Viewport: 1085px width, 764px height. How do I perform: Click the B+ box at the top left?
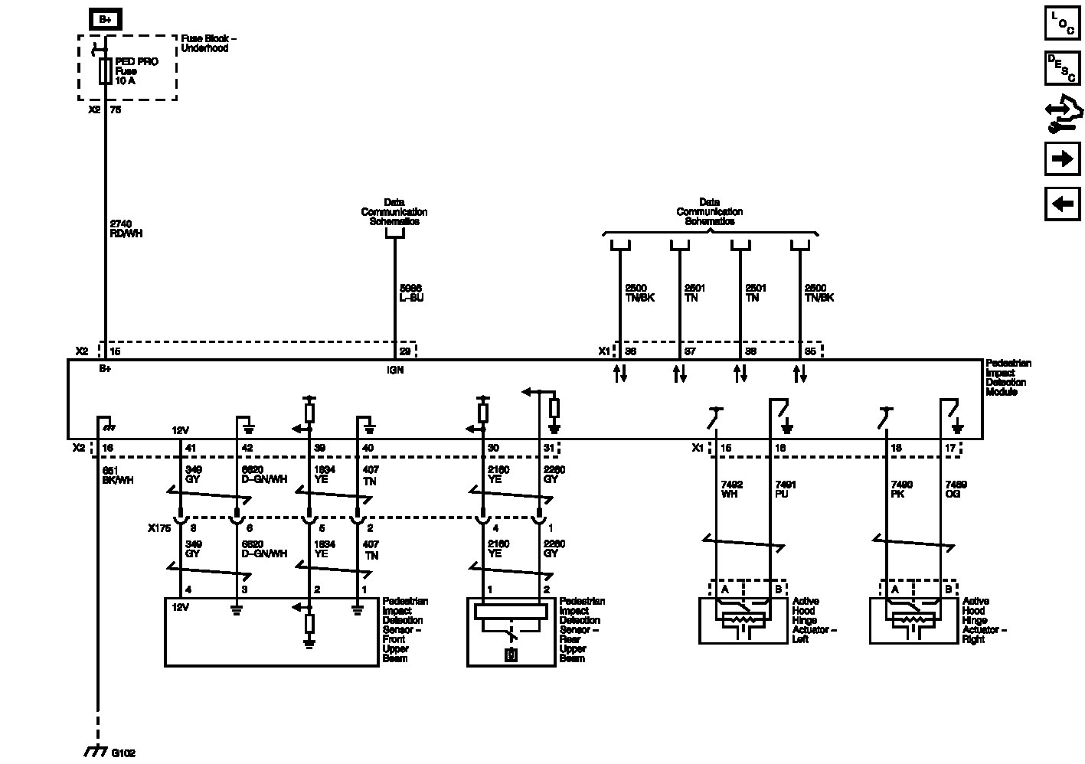[105, 20]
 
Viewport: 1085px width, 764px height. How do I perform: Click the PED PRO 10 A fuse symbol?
[105, 71]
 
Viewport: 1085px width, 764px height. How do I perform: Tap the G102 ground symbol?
[94, 752]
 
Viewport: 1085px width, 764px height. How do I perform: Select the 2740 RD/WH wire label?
[126, 229]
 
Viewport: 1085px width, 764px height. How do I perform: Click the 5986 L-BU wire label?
[411, 292]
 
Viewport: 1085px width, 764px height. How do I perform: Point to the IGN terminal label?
[395, 370]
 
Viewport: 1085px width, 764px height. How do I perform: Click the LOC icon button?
[1062, 23]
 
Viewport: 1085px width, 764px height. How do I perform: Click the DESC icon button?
[1062, 68]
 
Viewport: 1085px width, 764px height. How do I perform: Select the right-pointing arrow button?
[1062, 158]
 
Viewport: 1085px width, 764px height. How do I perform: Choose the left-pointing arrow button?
[1062, 204]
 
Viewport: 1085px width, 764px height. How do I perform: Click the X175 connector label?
[159, 528]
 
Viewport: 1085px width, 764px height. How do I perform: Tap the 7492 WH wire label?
[732, 489]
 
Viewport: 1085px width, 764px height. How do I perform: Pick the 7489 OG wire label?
[956, 489]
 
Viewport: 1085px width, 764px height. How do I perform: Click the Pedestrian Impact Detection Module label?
[1008, 377]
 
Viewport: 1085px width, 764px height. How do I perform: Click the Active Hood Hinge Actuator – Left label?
[814, 620]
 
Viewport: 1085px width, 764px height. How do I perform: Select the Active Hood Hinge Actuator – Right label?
[984, 620]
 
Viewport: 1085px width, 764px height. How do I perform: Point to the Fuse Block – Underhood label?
[208, 43]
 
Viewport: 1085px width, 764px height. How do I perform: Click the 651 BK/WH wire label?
[117, 475]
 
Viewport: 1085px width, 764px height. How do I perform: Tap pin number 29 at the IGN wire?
[404, 351]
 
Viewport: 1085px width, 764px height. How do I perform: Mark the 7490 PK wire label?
[902, 489]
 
